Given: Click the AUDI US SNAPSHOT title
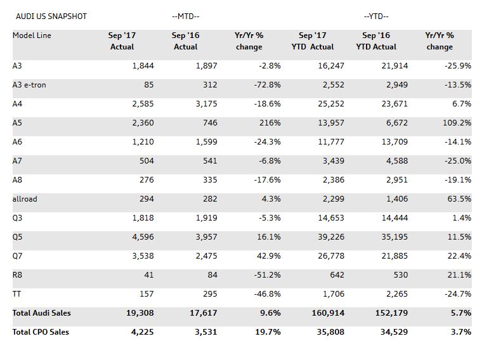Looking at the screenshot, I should coord(51,16).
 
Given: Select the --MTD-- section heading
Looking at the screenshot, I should coord(185,16).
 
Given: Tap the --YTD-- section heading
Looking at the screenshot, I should coord(376,16).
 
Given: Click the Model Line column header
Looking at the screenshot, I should coord(32,35).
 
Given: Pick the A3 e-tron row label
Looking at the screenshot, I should coord(29,85).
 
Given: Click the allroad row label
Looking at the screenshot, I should coord(25,199).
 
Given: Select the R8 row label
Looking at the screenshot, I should coord(17,275).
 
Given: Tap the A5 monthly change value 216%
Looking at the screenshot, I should coord(270,123).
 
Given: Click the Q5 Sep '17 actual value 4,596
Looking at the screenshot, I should coord(141,237).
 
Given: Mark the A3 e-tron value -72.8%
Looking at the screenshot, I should coord(266,85).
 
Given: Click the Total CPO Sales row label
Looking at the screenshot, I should coord(41,332).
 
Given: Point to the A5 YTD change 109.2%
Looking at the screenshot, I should coord(457,123).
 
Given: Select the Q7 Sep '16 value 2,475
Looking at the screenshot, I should coord(205,256).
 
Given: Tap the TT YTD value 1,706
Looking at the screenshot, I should coord(334,294).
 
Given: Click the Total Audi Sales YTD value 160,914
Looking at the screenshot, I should coord(327,313).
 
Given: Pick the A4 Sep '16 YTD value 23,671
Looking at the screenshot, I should coord(394,104).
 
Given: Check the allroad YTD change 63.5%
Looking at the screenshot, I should coord(459,199).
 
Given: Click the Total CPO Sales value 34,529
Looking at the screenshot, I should coord(393,332).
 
